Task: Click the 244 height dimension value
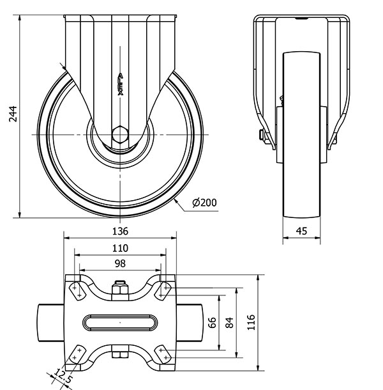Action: coord(13,114)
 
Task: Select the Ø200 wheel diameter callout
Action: coord(204,203)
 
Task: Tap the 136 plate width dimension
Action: coord(120,231)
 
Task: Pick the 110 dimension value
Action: coord(120,248)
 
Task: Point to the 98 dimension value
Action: coord(120,263)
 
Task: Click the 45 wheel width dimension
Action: coord(301,231)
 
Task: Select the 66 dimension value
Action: coord(212,323)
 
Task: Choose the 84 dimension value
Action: coord(229,323)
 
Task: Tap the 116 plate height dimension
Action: coord(251,322)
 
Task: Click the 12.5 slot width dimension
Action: coord(63,376)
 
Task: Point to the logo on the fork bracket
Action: coord(120,84)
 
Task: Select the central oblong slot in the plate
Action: coord(120,323)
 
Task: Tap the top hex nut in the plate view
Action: coord(120,288)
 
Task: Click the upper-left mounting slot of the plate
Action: coord(77,292)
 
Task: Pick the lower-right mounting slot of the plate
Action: coord(163,354)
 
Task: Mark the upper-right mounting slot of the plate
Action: coord(163,292)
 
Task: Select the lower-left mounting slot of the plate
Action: coord(77,354)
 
